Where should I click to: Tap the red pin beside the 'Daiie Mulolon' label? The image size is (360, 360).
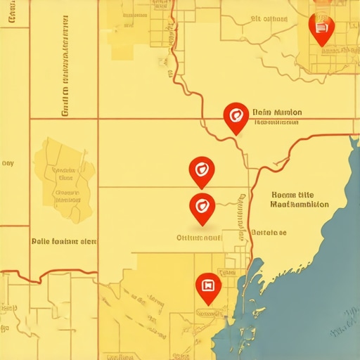coord(234,116)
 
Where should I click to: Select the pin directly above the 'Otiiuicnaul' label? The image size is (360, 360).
coord(202,207)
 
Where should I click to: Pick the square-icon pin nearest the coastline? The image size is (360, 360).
coord(208,288)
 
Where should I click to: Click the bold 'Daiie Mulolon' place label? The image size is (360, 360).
coord(277,112)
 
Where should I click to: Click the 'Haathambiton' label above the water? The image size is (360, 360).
coord(300,205)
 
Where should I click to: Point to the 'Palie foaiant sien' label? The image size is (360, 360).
coord(64,240)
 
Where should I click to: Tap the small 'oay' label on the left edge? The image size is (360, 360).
coord(8,163)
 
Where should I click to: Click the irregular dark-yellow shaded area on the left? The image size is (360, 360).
coord(63,172)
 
